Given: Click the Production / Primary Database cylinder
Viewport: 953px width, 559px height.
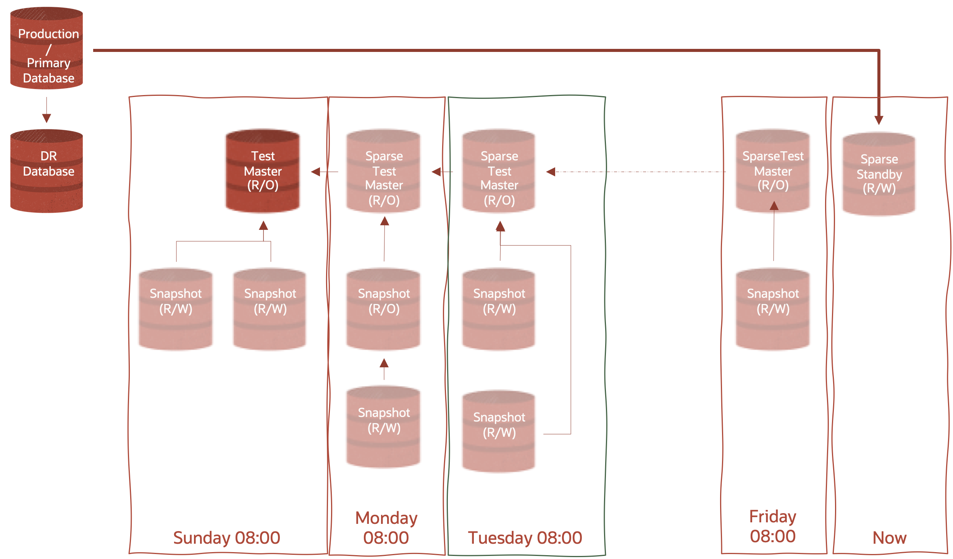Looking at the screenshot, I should tap(47, 48).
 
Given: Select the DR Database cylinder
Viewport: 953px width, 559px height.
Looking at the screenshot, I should tap(47, 171).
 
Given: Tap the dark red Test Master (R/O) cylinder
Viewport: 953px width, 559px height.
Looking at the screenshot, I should tap(263, 171).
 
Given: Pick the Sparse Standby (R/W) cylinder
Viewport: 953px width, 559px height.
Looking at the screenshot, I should tap(879, 174).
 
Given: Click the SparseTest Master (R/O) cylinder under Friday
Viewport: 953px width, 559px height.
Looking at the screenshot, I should tap(773, 171).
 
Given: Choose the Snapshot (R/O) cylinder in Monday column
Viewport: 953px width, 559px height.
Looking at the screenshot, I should tap(384, 309).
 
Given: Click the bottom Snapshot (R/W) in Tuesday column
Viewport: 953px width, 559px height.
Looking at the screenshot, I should tap(499, 431).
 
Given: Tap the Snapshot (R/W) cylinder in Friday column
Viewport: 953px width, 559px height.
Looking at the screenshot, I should tap(773, 309).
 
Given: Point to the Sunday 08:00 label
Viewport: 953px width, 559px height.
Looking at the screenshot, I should tap(227, 538).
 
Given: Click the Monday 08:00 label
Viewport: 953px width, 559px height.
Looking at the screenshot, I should tap(386, 528).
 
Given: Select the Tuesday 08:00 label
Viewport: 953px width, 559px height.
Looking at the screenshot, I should tap(525, 538).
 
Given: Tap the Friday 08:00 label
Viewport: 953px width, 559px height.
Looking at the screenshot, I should tap(773, 526).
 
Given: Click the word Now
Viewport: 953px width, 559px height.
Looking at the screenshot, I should tap(889, 538).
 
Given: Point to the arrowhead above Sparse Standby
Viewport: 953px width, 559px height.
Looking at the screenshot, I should tap(879, 120).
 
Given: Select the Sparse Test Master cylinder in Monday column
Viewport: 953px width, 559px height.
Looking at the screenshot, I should tap(384, 171).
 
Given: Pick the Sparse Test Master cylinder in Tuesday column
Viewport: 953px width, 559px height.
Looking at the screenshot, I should tap(499, 171).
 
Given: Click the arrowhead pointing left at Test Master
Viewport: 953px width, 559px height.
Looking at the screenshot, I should tap(316, 172).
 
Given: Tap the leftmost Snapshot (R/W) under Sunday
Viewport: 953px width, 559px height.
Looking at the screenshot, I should tap(176, 309).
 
